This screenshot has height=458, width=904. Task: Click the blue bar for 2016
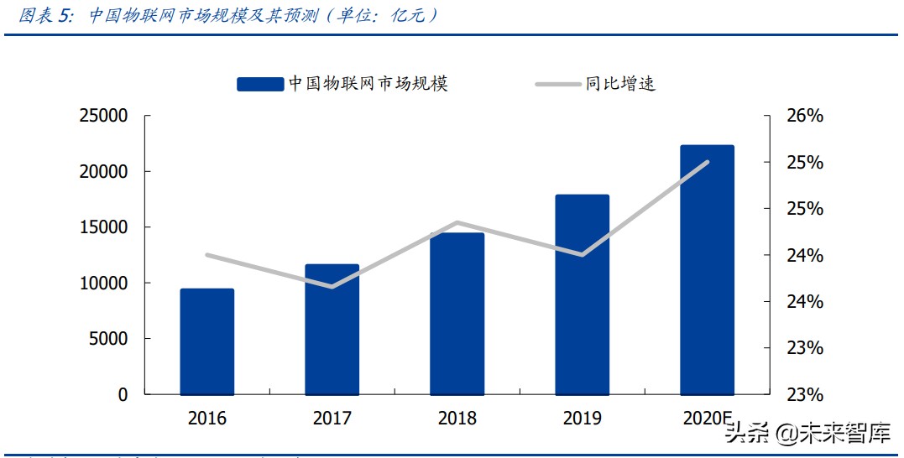point(207,341)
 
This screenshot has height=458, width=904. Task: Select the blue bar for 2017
point(332,329)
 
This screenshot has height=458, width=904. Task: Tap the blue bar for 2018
point(457,314)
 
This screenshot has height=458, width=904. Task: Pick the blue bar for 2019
point(582,294)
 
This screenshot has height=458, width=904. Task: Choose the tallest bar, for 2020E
point(707,269)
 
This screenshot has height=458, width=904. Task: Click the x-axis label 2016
point(207,418)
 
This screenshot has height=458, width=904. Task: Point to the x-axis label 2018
point(457,418)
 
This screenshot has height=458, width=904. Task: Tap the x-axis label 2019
point(582,418)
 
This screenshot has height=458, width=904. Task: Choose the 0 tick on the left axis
point(123,394)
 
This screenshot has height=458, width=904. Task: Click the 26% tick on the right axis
point(803,116)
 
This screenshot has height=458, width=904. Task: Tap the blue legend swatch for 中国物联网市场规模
point(259,84)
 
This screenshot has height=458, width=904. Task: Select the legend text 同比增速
point(620,84)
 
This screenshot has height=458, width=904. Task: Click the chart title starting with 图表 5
point(227,16)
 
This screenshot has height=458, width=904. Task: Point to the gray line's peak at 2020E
point(708,162)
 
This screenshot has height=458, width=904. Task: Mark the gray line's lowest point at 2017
point(332,287)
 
